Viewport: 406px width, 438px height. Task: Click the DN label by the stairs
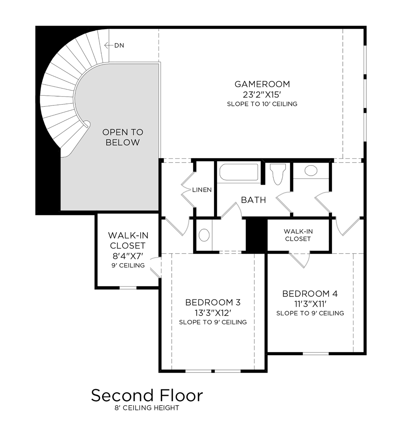[119, 45]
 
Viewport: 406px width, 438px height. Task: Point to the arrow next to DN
[108, 45]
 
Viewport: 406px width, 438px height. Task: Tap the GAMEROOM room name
[262, 84]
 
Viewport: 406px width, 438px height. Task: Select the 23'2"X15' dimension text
[262, 94]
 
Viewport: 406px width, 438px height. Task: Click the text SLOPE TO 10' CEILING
[262, 104]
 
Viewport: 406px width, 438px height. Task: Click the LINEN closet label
[202, 190]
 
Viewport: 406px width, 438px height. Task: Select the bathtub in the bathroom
[239, 172]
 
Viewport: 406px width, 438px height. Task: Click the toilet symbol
[279, 173]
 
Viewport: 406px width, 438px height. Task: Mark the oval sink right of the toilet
[311, 170]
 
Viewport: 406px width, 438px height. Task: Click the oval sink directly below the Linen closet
[204, 235]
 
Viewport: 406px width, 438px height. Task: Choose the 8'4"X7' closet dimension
[127, 256]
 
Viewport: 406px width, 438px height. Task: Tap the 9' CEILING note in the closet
[127, 266]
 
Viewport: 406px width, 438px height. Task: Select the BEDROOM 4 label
[310, 294]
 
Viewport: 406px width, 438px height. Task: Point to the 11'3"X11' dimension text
[310, 304]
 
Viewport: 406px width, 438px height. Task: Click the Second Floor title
[147, 395]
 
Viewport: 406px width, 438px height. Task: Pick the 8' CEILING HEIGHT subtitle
[147, 408]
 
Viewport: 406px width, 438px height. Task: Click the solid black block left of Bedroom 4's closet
[256, 235]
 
